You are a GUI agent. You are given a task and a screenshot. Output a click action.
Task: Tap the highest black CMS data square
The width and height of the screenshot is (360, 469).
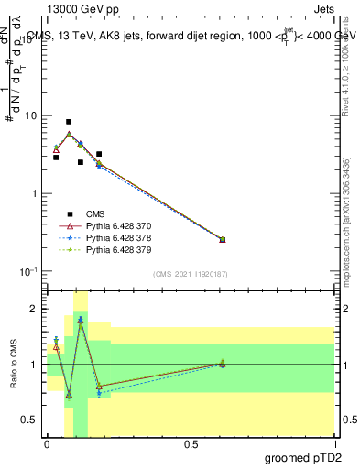(69, 122)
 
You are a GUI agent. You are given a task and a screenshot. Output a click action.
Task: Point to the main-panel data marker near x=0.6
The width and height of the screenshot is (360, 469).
(223, 239)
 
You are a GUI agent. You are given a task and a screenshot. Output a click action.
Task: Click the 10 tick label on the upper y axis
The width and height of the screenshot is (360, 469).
(30, 116)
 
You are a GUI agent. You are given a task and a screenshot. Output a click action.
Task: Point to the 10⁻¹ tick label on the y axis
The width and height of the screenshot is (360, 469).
(27, 271)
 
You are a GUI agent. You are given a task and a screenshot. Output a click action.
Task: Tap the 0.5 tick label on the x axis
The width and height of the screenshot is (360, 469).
(191, 444)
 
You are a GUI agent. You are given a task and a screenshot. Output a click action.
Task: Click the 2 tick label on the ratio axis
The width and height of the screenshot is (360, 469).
(33, 309)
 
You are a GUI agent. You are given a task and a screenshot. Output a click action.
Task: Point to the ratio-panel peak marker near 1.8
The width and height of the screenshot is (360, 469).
(81, 321)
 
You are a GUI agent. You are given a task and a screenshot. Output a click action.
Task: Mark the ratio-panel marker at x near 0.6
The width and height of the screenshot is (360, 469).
(223, 364)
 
